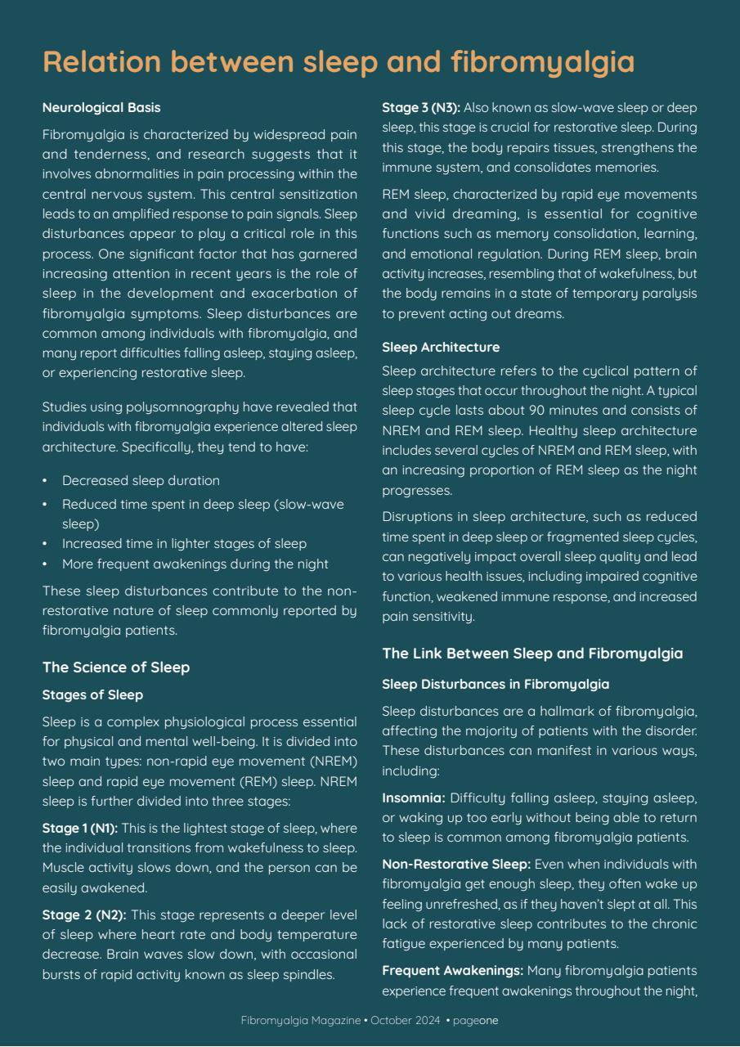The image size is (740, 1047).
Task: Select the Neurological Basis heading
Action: (x=101, y=107)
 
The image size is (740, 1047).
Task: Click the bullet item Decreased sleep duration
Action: (x=141, y=480)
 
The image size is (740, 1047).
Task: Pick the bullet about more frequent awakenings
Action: (x=195, y=564)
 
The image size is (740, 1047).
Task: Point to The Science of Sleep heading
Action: (x=116, y=667)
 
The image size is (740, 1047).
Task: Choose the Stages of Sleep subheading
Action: (x=92, y=695)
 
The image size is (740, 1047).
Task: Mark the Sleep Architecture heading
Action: (x=441, y=348)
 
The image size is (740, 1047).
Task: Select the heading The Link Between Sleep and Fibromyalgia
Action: (x=532, y=654)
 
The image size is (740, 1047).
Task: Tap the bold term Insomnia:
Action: (x=413, y=798)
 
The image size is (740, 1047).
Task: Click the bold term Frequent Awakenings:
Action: (x=452, y=970)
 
